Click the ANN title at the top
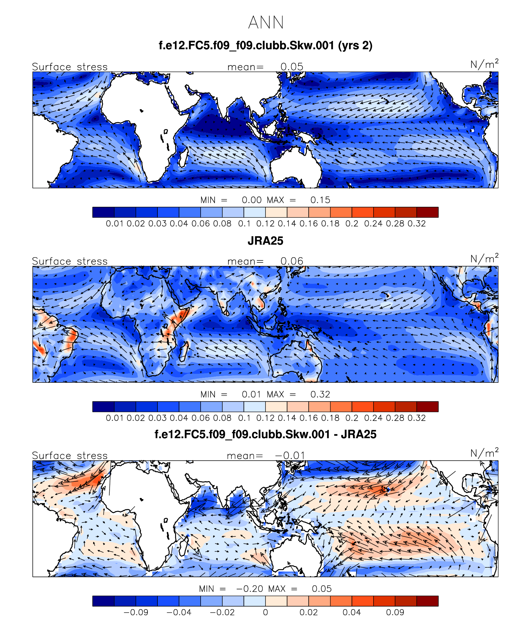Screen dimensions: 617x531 (266, 22)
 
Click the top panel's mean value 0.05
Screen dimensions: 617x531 (292, 67)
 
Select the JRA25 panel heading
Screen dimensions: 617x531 (265, 241)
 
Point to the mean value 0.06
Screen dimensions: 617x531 (292, 261)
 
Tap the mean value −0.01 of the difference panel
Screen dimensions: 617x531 (290, 455)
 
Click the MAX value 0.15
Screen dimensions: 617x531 (320, 200)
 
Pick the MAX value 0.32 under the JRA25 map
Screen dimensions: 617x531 (320, 394)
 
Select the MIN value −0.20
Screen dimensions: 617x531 (250, 588)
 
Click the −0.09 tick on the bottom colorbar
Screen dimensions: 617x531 (136, 612)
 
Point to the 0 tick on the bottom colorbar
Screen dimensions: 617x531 (265, 612)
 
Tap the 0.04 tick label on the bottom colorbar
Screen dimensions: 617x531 (352, 612)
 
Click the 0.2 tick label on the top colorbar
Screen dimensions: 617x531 (352, 223)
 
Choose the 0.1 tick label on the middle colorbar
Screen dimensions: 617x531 (244, 418)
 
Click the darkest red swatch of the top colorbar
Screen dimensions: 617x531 (427, 212)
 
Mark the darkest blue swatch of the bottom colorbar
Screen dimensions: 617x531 (103, 601)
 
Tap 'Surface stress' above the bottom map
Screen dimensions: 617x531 (70, 455)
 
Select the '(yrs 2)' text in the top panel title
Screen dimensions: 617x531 (355, 46)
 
